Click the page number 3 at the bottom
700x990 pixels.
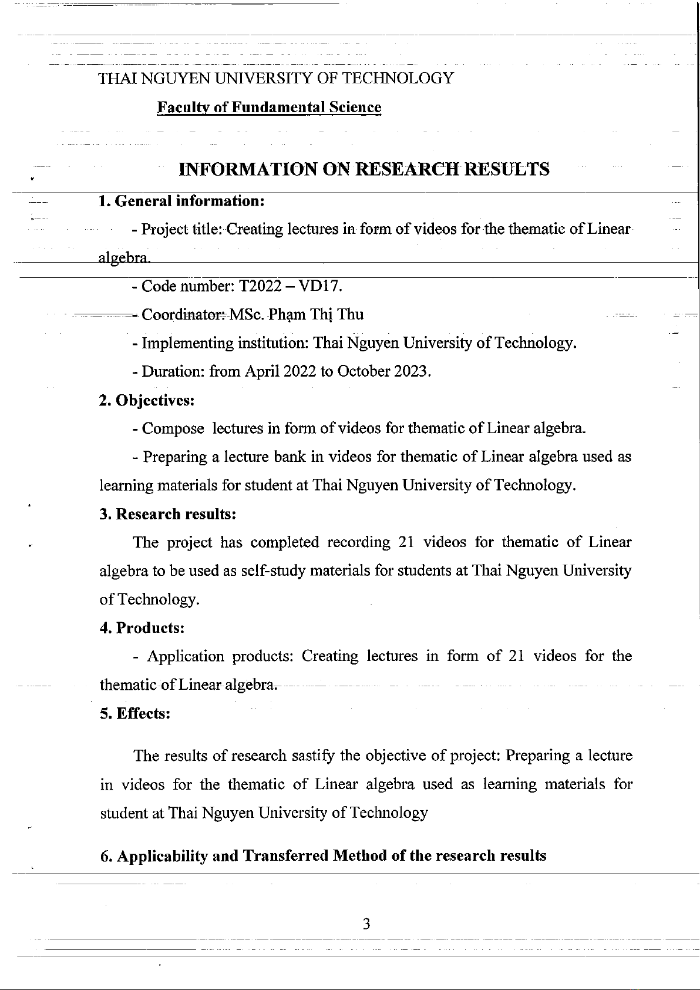click(x=366, y=924)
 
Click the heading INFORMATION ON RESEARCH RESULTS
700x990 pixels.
click(x=364, y=169)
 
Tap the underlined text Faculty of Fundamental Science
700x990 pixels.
click(x=269, y=108)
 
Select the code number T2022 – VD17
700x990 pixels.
click(x=288, y=286)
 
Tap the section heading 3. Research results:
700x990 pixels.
click(x=168, y=514)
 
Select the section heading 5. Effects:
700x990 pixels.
click(x=135, y=713)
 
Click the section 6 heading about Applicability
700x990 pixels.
click(x=323, y=855)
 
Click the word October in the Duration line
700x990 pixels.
click(x=364, y=372)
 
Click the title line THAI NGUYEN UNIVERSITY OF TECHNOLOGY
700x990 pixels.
click(x=276, y=78)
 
